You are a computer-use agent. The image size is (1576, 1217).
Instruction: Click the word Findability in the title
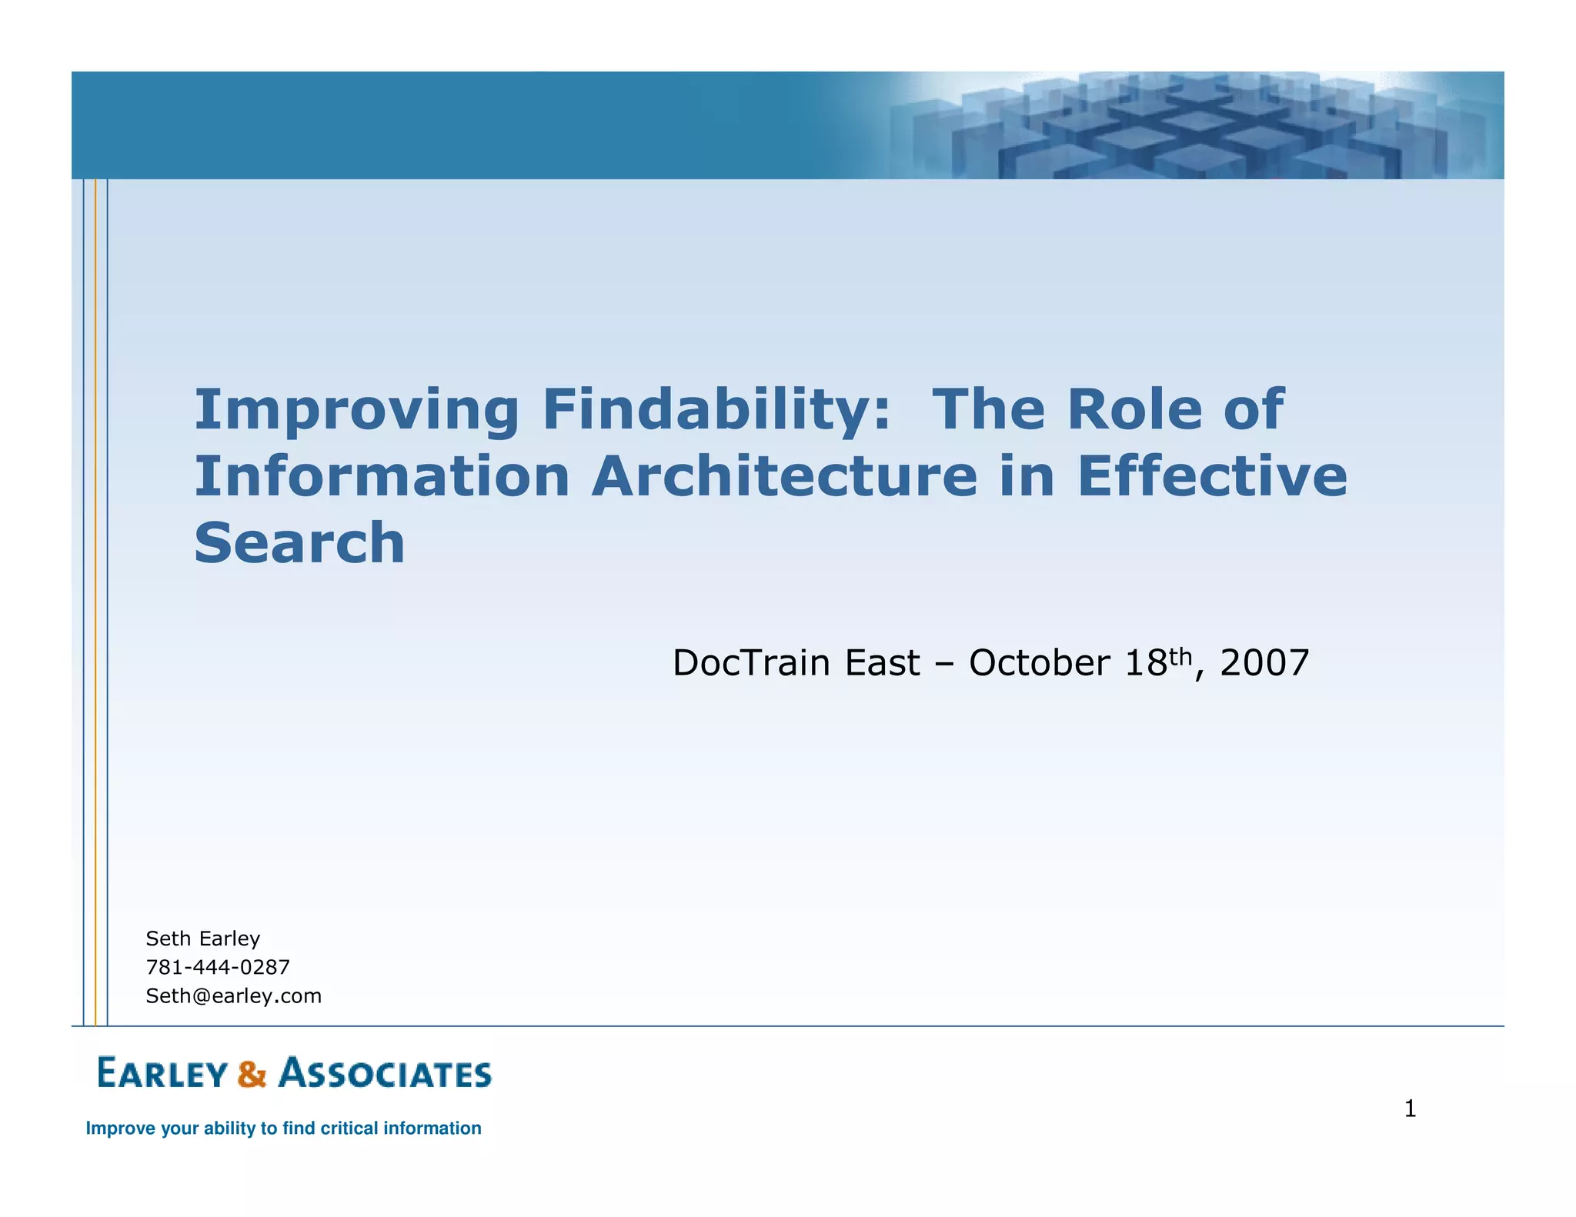716,410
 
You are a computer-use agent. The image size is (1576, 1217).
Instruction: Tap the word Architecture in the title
785,477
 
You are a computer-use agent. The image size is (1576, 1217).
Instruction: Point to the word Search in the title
299,543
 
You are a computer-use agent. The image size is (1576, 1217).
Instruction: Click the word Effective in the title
1212,476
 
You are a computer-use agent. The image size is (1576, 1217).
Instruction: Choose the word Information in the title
382,477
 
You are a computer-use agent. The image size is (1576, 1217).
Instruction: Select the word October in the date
1040,663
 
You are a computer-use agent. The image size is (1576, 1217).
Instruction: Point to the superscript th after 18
1180,656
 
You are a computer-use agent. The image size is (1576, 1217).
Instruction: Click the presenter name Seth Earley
203,939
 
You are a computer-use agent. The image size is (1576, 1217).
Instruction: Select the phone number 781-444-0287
218,967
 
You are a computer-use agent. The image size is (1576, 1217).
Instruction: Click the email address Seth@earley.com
234,995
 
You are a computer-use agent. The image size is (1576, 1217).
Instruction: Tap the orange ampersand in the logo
252,1074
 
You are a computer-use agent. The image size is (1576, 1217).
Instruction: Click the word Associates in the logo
385,1073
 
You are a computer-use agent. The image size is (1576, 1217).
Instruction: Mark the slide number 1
1410,1109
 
